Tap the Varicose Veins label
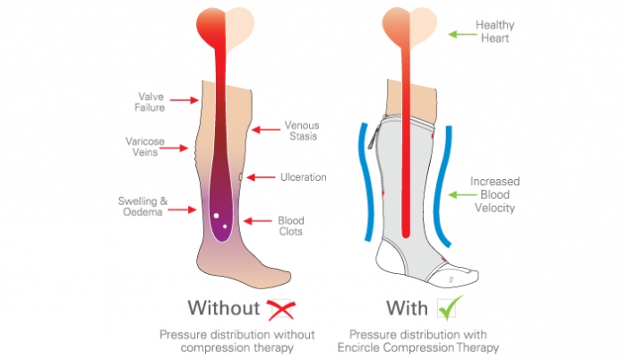[x=143, y=146]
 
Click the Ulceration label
[x=303, y=177]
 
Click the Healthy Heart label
[x=520, y=32]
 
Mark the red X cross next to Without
[x=280, y=309]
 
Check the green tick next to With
[x=448, y=308]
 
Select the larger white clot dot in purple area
[x=216, y=216]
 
